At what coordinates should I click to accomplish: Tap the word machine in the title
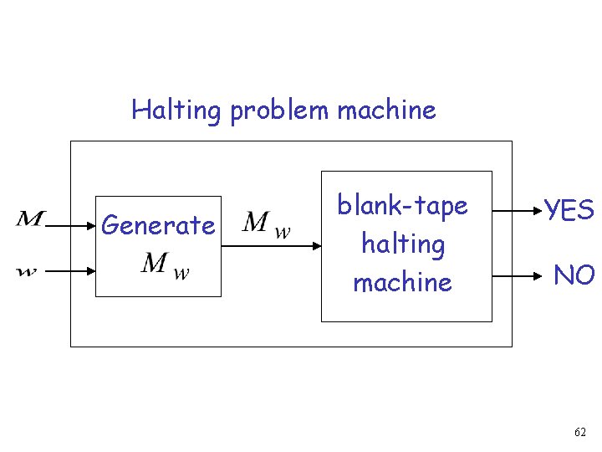click(386, 110)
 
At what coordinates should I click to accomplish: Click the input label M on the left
click(31, 220)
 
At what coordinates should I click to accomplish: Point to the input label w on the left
click(28, 271)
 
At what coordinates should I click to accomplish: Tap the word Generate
click(157, 225)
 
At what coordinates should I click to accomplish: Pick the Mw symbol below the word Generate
click(165, 265)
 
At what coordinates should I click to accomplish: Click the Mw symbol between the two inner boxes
click(266, 224)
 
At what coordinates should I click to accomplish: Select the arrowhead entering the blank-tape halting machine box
click(316, 246)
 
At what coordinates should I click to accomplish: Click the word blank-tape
click(402, 205)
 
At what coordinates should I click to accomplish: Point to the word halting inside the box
click(402, 244)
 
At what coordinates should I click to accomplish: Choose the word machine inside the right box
click(402, 282)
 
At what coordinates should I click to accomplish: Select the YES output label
click(569, 210)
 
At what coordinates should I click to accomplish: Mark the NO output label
click(574, 275)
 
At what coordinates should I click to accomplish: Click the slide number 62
click(580, 433)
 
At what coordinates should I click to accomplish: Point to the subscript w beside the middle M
click(283, 232)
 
